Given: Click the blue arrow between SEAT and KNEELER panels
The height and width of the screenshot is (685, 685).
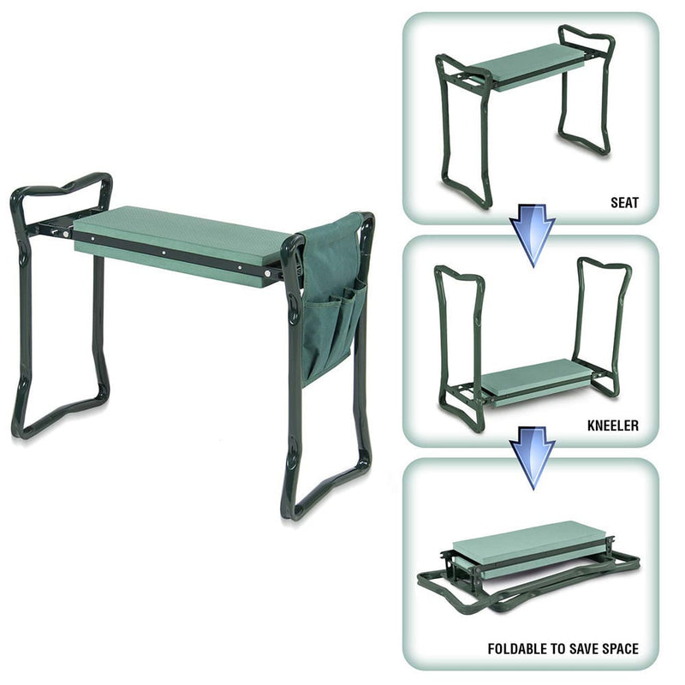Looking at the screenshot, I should pos(532,239).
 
